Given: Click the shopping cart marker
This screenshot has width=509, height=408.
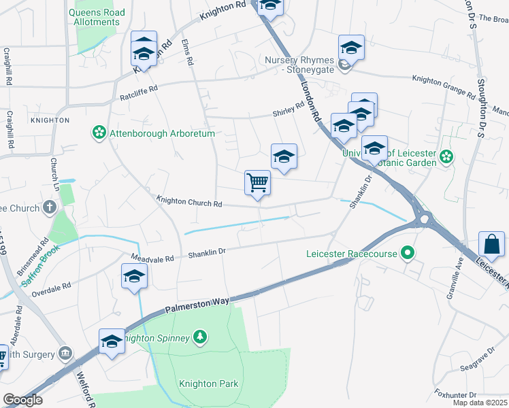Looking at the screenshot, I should click(258, 182).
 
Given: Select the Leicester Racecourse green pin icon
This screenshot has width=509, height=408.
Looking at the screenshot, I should click(408, 254).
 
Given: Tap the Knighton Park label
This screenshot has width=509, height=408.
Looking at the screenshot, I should click(208, 384).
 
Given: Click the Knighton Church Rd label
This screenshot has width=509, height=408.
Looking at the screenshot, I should click(190, 202).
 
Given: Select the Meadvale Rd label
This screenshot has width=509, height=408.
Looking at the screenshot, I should click(152, 258).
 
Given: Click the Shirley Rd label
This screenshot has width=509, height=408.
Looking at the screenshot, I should click(288, 109).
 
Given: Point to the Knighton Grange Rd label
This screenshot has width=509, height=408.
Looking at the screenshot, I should click(443, 84).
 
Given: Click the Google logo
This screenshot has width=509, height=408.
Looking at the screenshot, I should click(22, 400).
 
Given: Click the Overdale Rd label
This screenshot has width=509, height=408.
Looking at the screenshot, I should click(51, 290).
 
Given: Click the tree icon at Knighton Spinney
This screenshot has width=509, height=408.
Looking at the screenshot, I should click(199, 336).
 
